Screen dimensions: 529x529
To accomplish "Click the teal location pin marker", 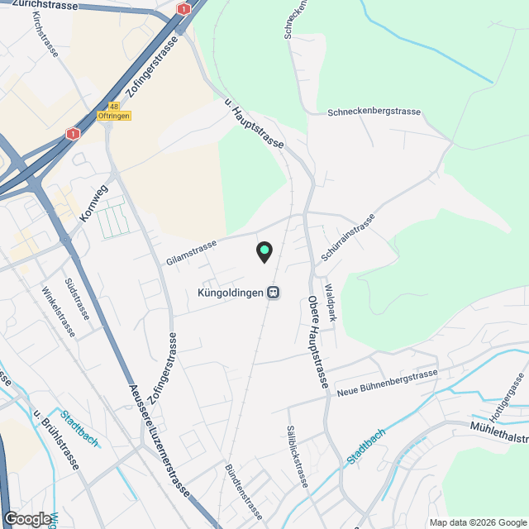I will coord(264,251).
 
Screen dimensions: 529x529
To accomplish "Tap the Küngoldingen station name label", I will coord(231,293).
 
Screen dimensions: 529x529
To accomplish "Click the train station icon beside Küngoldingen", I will coord(273,293).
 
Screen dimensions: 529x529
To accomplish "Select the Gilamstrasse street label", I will coord(191,250).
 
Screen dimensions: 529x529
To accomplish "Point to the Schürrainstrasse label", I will coord(347,238).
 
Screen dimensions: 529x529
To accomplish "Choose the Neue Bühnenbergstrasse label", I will coord(388,381).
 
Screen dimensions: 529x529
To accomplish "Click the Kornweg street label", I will coord(94,203).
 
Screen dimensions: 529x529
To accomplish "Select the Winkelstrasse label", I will coord(59,312).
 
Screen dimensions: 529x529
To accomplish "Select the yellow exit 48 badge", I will coord(113,107).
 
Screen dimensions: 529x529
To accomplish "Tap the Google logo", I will coord(26,518).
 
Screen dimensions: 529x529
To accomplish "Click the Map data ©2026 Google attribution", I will coord(477,522).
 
